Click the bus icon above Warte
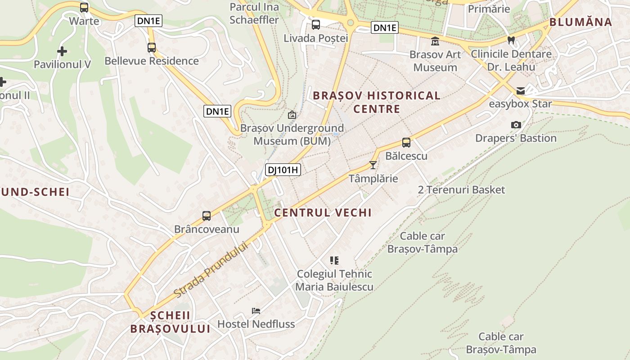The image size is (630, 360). [84, 8]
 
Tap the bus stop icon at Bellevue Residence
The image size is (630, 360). [152, 47]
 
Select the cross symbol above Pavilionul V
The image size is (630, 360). [62, 51]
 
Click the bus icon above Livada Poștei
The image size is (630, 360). [316, 25]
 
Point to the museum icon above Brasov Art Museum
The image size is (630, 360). [435, 41]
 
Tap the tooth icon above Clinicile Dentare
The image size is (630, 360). [511, 40]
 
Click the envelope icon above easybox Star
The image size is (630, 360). [521, 91]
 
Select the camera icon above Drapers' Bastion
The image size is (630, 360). [516, 125]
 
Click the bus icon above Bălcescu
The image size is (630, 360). [406, 143]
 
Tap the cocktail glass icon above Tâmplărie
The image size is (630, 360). [373, 165]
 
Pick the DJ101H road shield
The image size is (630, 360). [283, 170]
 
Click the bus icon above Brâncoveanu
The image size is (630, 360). [207, 216]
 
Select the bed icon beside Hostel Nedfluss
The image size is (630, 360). [256, 310]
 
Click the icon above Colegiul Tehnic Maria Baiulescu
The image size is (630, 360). [334, 260]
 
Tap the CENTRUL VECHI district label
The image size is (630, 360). [323, 213]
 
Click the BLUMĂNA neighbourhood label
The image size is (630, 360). [580, 22]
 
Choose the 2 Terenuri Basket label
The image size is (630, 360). [461, 190]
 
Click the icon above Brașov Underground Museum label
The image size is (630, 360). [292, 115]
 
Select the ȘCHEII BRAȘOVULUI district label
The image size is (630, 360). [170, 322]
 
